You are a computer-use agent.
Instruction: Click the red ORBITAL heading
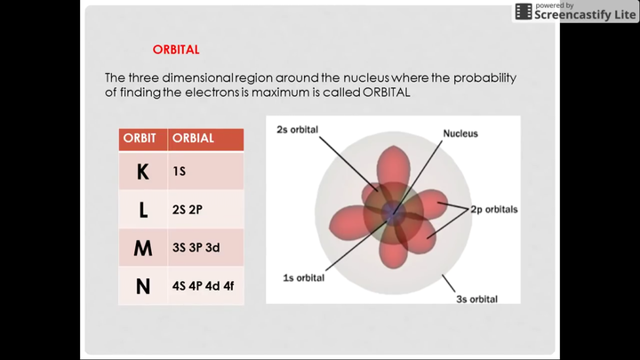[176, 50]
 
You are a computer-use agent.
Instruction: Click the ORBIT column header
[140, 139]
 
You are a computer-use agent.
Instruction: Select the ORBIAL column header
[193, 139]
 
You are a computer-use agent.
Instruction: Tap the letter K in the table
[142, 172]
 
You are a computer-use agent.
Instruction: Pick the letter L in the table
[143, 210]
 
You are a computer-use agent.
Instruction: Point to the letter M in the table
[143, 248]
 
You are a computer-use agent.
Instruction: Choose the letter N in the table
[143, 286]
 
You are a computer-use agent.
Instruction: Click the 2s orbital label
[297, 130]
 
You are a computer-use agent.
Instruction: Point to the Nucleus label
[460, 133]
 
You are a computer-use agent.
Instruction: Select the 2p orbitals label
[494, 210]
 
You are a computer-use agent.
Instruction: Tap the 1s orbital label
[304, 278]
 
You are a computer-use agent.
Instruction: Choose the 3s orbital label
[476, 300]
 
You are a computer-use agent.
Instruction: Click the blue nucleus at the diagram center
[393, 212]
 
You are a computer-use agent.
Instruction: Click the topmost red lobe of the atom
[393, 165]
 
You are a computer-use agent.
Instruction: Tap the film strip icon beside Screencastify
[524, 12]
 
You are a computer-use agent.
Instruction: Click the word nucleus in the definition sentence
[366, 77]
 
